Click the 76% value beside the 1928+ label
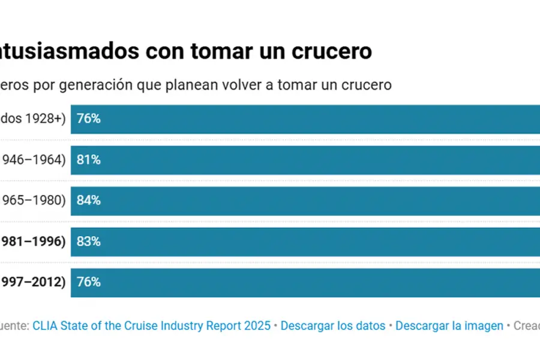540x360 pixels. tap(88, 119)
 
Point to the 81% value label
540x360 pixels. tap(88, 160)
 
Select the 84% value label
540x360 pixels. tap(88, 200)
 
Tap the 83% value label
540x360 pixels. tap(88, 241)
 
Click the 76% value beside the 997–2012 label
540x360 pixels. tap(88, 282)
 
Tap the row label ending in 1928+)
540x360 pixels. tap(32, 119)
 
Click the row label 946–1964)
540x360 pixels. tap(32, 160)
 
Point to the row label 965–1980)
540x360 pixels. tap(32, 200)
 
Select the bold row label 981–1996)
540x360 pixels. tap(32, 241)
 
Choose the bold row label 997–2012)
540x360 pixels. tap(32, 282)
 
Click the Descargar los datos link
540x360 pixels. tap(333, 326)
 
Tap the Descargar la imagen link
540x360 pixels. tap(449, 326)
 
